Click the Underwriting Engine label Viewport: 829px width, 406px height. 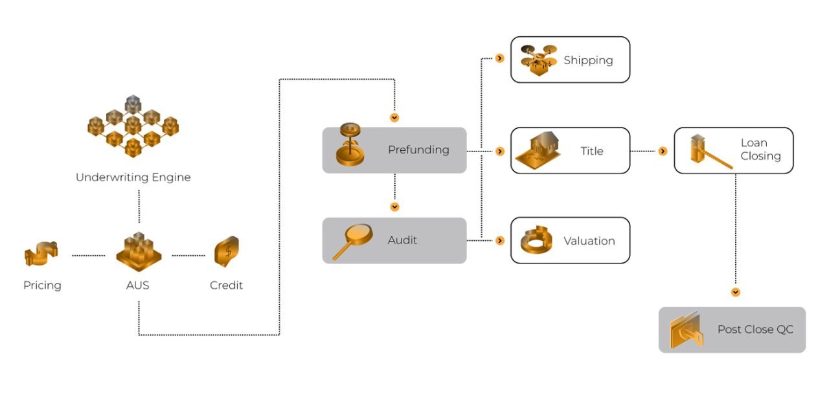click(x=133, y=177)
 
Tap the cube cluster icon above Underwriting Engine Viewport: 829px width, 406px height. click(x=133, y=126)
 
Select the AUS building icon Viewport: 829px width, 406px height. click(x=138, y=253)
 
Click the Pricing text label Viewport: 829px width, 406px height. click(x=42, y=286)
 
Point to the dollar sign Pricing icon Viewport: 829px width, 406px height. click(x=41, y=254)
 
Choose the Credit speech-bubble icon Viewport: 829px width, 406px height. click(x=227, y=251)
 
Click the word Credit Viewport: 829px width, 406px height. click(x=226, y=286)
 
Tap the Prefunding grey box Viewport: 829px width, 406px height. click(x=394, y=150)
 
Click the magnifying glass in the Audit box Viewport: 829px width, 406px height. click(x=352, y=241)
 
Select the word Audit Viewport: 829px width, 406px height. click(x=402, y=240)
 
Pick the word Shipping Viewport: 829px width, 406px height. click(x=588, y=60)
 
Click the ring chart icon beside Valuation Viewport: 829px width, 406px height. click(x=537, y=240)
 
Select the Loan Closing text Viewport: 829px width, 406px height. click(x=760, y=150)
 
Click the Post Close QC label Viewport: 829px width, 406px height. click(x=755, y=330)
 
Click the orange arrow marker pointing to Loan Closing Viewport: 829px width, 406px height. click(x=663, y=151)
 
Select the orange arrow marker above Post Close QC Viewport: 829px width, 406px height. click(x=735, y=292)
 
